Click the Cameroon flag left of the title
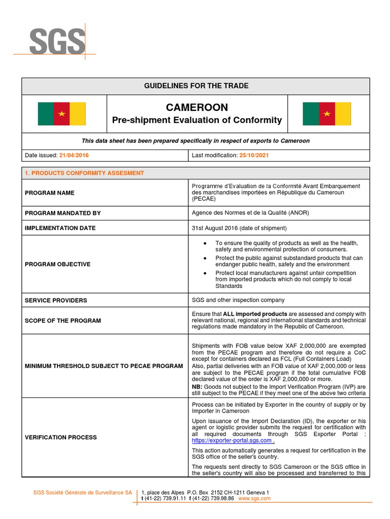pyautogui.click(x=61, y=114)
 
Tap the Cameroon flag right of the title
pyautogui.click(x=327, y=114)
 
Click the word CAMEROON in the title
pyautogui.click(x=197, y=107)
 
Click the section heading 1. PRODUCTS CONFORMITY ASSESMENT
pyautogui.click(x=84, y=173)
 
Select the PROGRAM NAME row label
pyautogui.click(x=49, y=193)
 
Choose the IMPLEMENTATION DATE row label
pyautogui.click(x=60, y=228)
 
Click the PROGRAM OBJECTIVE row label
pyautogui.click(x=57, y=264)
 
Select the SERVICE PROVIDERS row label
pyautogui.click(x=56, y=300)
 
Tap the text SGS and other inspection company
pyautogui.click(x=238, y=300)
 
